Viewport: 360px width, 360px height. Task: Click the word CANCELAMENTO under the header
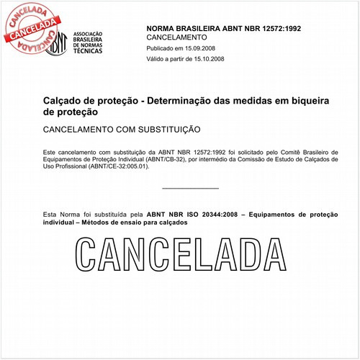coord(176,36)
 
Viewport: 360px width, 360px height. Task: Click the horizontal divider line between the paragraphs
coord(190,189)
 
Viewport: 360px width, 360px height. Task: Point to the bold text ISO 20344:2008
coord(212,215)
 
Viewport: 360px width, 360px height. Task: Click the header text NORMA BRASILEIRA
coord(179,27)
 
